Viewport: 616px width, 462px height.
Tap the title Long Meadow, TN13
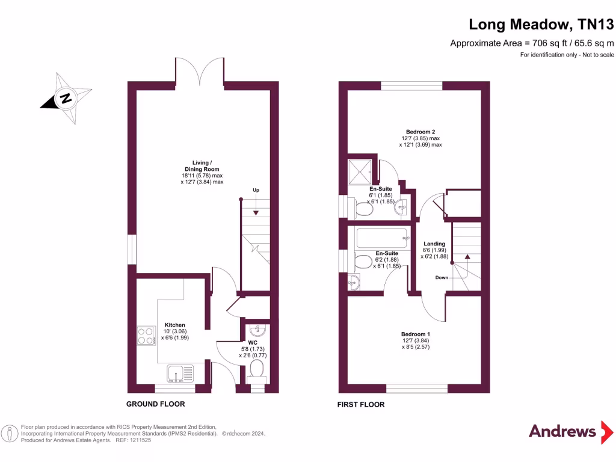pyautogui.click(x=541, y=24)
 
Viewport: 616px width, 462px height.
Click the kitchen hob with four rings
pyautogui.click(x=146, y=335)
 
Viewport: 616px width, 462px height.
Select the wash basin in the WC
pyautogui.click(x=256, y=330)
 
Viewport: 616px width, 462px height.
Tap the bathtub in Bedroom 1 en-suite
pyautogui.click(x=381, y=238)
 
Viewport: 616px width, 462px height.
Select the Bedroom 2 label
pyautogui.click(x=420, y=132)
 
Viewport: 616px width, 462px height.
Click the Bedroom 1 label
pyautogui.click(x=416, y=334)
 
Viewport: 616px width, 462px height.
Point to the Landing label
pyautogui.click(x=434, y=244)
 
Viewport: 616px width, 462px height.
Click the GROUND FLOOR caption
pyautogui.click(x=155, y=404)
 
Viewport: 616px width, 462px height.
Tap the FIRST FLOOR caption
pyautogui.click(x=360, y=405)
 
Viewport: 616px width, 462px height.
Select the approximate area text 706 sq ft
pyautogui.click(x=532, y=43)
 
